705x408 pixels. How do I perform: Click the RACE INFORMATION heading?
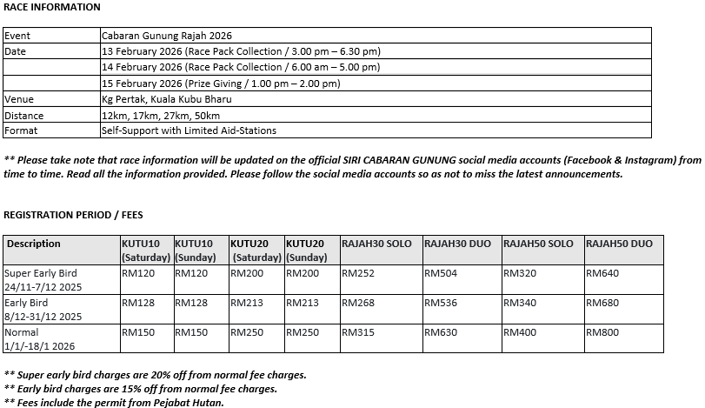pos(52,7)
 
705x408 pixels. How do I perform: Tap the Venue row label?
pos(19,99)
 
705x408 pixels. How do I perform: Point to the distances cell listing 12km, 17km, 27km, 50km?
pos(161,116)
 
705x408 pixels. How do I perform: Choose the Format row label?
pos(21,131)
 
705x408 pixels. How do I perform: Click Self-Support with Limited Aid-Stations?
pos(189,131)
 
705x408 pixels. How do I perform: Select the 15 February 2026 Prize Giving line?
pos(221,84)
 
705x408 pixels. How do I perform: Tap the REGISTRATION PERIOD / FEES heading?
pos(73,214)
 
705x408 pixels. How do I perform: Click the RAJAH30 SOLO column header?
pos(376,244)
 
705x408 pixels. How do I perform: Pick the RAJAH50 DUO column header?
pos(619,244)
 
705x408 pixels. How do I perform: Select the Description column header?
pos(34,244)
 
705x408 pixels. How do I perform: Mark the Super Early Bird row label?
pos(41,274)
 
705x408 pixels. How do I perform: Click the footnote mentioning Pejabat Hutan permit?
pos(114,403)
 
